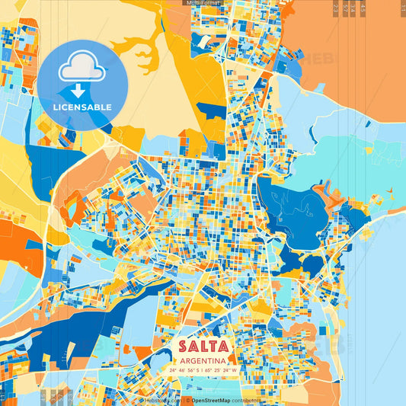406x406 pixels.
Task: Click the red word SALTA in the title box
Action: pyautogui.click(x=203, y=346)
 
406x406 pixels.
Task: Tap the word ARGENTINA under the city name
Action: pyautogui.click(x=203, y=360)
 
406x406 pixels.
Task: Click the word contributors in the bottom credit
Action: pyautogui.click(x=246, y=400)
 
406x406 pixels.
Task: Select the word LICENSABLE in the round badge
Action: pyautogui.click(x=82, y=107)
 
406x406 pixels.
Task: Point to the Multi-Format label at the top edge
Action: pyautogui.click(x=203, y=3)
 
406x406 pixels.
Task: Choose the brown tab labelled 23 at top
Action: pyautogui.click(x=337, y=8)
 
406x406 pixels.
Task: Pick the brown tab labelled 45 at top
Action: pyautogui.click(x=362, y=8)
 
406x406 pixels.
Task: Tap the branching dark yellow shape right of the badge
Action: pyautogui.click(x=145, y=53)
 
